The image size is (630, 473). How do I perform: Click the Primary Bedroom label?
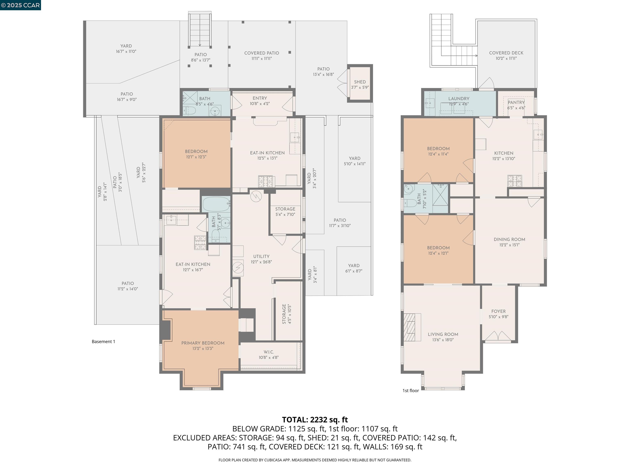coord(203,343)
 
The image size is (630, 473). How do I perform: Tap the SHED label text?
coord(360,82)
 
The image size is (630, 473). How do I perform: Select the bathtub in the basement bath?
coord(216,204)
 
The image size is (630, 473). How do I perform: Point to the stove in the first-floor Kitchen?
coord(515,181)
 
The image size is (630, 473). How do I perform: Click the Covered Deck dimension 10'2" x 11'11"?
coord(506,59)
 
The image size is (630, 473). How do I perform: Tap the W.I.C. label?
coord(269,352)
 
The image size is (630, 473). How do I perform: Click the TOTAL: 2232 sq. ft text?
coord(315,420)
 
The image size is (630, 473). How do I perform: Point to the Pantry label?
coord(516,102)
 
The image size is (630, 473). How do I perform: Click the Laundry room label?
coord(459,99)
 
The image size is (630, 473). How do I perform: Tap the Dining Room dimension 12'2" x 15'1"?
coord(509,245)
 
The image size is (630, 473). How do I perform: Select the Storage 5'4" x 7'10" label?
coord(285,209)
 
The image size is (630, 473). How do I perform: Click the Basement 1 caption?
coord(103,342)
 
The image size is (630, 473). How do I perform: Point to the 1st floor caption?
coord(410,391)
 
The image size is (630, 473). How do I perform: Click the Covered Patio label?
coord(261,53)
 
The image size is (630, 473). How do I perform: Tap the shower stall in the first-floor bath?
coord(440,194)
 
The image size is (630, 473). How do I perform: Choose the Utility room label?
coord(261,256)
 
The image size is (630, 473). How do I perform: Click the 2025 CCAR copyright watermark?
coord(20,5)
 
